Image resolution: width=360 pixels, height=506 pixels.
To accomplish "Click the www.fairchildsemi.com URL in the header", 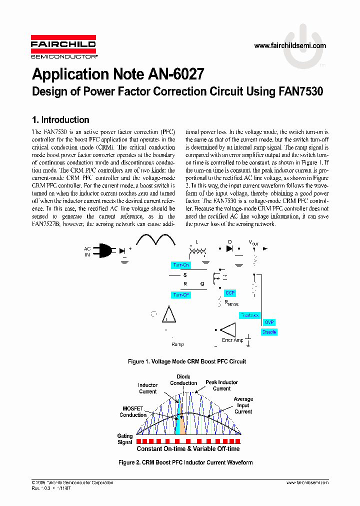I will point(290,45).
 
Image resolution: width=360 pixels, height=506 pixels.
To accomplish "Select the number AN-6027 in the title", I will point(176,74).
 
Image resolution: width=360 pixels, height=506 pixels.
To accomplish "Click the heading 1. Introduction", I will point(60,120).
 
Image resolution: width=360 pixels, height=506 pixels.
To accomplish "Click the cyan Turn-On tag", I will point(180,265).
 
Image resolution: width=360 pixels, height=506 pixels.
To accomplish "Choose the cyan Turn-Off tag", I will point(180,295).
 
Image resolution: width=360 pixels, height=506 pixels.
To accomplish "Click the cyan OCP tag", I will point(229,293).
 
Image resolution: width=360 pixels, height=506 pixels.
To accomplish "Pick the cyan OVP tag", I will point(269,322).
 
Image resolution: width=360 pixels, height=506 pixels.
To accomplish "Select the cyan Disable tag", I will point(269,332).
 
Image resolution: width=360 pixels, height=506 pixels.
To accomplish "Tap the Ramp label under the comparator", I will point(177,344).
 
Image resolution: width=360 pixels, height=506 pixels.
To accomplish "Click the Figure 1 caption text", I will point(187,361).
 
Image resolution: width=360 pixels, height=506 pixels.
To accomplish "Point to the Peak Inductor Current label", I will point(221,385).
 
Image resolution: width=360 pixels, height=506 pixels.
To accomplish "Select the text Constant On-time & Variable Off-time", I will point(188,449).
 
